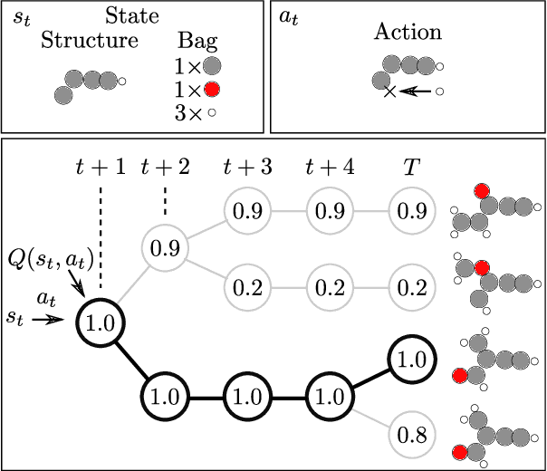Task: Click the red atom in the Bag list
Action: point(212,89)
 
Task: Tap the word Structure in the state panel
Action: point(90,41)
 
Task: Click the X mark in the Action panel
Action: point(390,91)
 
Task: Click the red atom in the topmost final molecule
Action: point(483,190)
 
